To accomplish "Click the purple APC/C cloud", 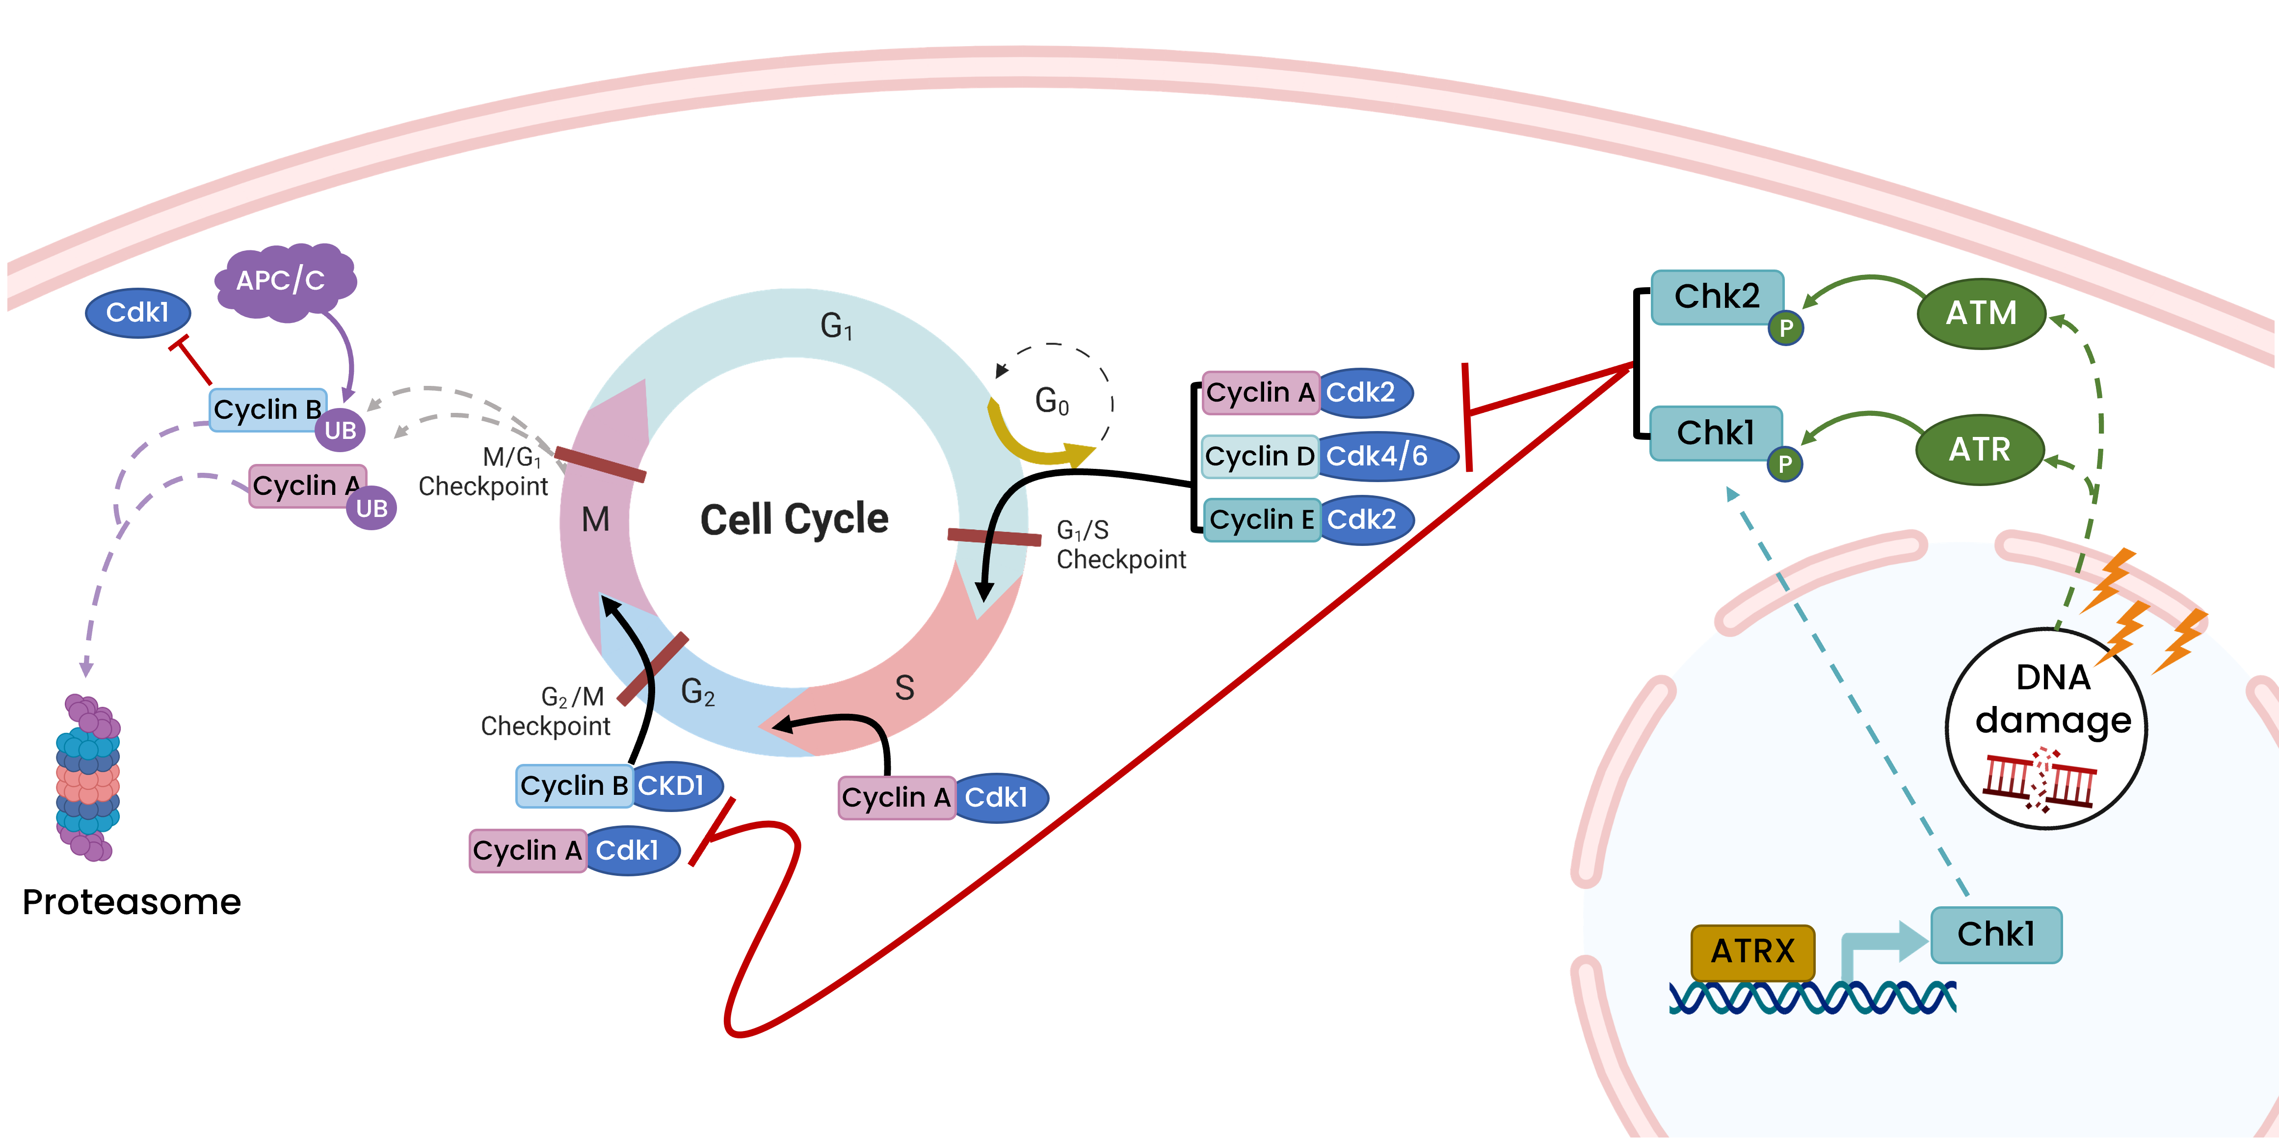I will click(x=283, y=281).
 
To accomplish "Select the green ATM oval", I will click(x=1981, y=313).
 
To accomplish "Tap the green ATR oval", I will click(x=1979, y=450).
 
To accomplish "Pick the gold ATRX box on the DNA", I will click(x=1752, y=951).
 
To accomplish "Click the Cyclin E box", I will click(x=1261, y=519).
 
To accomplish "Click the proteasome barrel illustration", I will click(x=87, y=777).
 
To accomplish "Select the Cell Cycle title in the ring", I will click(x=794, y=518).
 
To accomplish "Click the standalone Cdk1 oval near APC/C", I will click(x=138, y=312).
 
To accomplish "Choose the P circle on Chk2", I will click(x=1785, y=328).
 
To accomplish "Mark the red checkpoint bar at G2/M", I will click(x=653, y=669).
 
